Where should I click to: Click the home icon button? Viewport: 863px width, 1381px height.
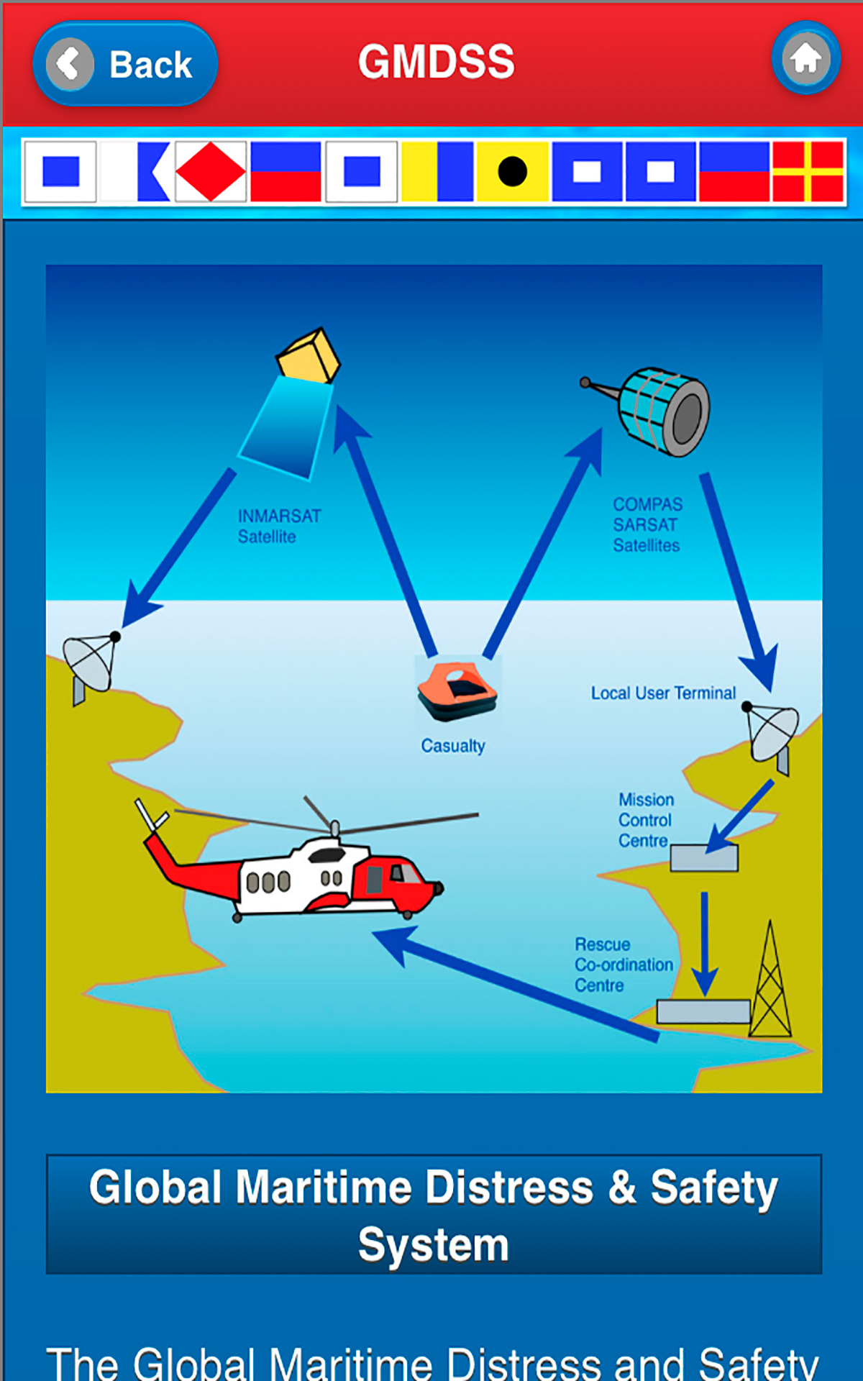coord(805,58)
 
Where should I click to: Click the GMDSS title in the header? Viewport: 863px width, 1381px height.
coord(437,62)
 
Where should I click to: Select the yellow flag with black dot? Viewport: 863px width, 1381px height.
coord(512,171)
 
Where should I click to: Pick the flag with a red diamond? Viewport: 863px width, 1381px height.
coord(211,171)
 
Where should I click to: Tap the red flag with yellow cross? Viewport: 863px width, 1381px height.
coord(807,171)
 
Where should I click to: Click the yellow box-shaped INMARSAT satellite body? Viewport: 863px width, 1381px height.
coord(309,355)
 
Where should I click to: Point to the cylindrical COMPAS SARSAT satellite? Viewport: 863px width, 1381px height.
coord(665,412)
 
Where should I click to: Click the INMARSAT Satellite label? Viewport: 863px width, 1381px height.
coord(279,526)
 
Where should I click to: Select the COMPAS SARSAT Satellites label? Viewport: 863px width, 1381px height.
coord(647,524)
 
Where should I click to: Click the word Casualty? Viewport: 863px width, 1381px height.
coord(453,746)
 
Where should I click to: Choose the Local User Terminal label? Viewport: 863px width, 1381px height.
coord(663,693)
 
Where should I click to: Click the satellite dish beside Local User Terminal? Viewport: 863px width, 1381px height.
coord(773,734)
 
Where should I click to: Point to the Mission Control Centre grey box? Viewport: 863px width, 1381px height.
coord(704,858)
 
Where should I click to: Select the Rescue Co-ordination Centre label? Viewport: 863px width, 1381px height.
coord(623,965)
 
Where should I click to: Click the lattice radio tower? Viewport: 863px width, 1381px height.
coord(770,985)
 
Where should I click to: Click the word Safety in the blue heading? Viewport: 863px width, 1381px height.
coord(714,1188)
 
